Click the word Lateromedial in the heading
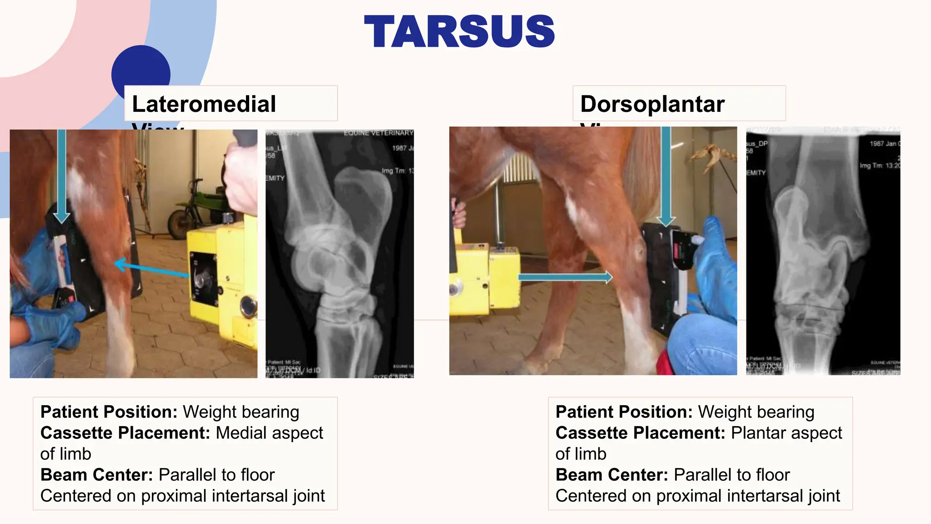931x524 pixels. click(204, 104)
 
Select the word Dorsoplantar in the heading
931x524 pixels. click(652, 104)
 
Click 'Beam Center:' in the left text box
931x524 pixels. click(96, 474)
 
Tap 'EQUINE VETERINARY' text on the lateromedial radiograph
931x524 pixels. click(378, 133)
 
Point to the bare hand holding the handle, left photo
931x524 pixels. click(241, 177)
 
